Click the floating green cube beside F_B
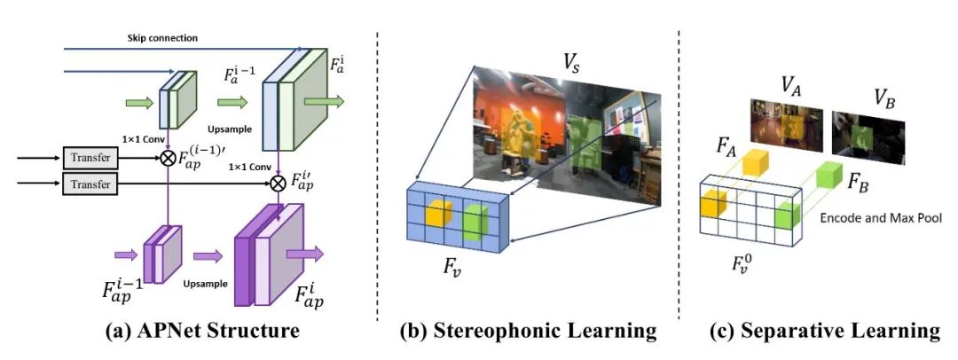pyautogui.click(x=827, y=175)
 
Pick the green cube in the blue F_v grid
pyautogui.click(x=475, y=220)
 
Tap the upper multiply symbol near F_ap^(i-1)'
pyautogui.click(x=165, y=158)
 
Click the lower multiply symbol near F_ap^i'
pyautogui.click(x=278, y=184)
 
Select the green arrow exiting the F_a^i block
pyautogui.click(x=314, y=104)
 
